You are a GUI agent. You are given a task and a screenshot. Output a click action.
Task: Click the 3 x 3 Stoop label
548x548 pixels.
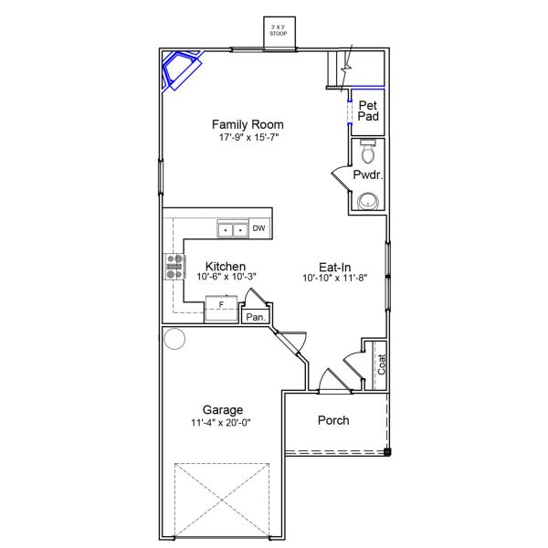tap(279, 30)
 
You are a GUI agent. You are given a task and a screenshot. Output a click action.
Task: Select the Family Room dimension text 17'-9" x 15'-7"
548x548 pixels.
tap(248, 137)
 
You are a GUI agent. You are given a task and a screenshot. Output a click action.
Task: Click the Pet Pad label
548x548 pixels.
tap(368, 111)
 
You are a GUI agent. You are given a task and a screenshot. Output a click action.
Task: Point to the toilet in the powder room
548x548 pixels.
tap(367, 151)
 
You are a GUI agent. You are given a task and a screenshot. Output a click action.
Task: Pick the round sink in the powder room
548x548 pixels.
tap(368, 202)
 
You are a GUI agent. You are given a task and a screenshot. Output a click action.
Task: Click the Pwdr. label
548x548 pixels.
tap(368, 174)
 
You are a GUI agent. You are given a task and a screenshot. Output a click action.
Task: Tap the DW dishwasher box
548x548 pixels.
tap(259, 228)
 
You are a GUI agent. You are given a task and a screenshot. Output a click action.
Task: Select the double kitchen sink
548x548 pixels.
tap(233, 229)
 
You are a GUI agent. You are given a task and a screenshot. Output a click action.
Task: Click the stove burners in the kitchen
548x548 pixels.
tap(174, 267)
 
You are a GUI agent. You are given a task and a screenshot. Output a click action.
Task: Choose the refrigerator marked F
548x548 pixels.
tap(221, 309)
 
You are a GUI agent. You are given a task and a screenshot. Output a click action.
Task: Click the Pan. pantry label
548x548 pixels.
tap(256, 317)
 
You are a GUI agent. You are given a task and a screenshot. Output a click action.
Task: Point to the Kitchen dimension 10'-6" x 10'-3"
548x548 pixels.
tap(227, 277)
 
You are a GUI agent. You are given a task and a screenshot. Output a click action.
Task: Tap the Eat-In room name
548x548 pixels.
tap(335, 268)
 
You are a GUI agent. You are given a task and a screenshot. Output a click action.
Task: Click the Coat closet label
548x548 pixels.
tap(381, 364)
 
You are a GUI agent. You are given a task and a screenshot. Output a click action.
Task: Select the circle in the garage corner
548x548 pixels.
tap(174, 338)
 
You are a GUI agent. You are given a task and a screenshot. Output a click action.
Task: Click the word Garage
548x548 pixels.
tap(223, 409)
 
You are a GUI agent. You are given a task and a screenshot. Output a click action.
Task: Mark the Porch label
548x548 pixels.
tap(333, 420)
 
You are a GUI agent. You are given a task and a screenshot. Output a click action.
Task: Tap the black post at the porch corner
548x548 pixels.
tap(387, 452)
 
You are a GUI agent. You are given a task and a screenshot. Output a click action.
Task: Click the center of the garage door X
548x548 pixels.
tap(222, 501)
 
